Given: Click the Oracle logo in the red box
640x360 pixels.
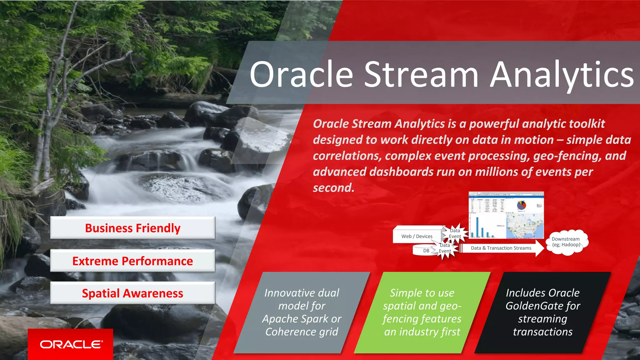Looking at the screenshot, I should coord(71,344).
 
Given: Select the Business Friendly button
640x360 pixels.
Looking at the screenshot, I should coord(132,228).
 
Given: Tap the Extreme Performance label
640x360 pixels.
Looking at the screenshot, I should coord(132,261).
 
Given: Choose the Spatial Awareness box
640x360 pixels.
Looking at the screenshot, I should coord(132,293).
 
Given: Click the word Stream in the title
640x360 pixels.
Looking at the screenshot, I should coord(421,75).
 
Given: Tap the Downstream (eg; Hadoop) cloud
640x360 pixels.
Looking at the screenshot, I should coord(566,242).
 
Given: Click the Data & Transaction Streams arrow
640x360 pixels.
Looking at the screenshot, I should coord(501,248).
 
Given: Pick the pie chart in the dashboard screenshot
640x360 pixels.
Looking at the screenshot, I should coord(522,205).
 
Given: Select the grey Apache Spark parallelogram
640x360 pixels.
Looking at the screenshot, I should coord(302,312).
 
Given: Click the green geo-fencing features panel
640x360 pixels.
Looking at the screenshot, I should coord(422,312).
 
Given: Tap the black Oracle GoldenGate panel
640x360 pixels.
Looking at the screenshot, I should coord(543,312).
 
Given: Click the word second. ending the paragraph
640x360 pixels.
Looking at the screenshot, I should coord(333,188).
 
